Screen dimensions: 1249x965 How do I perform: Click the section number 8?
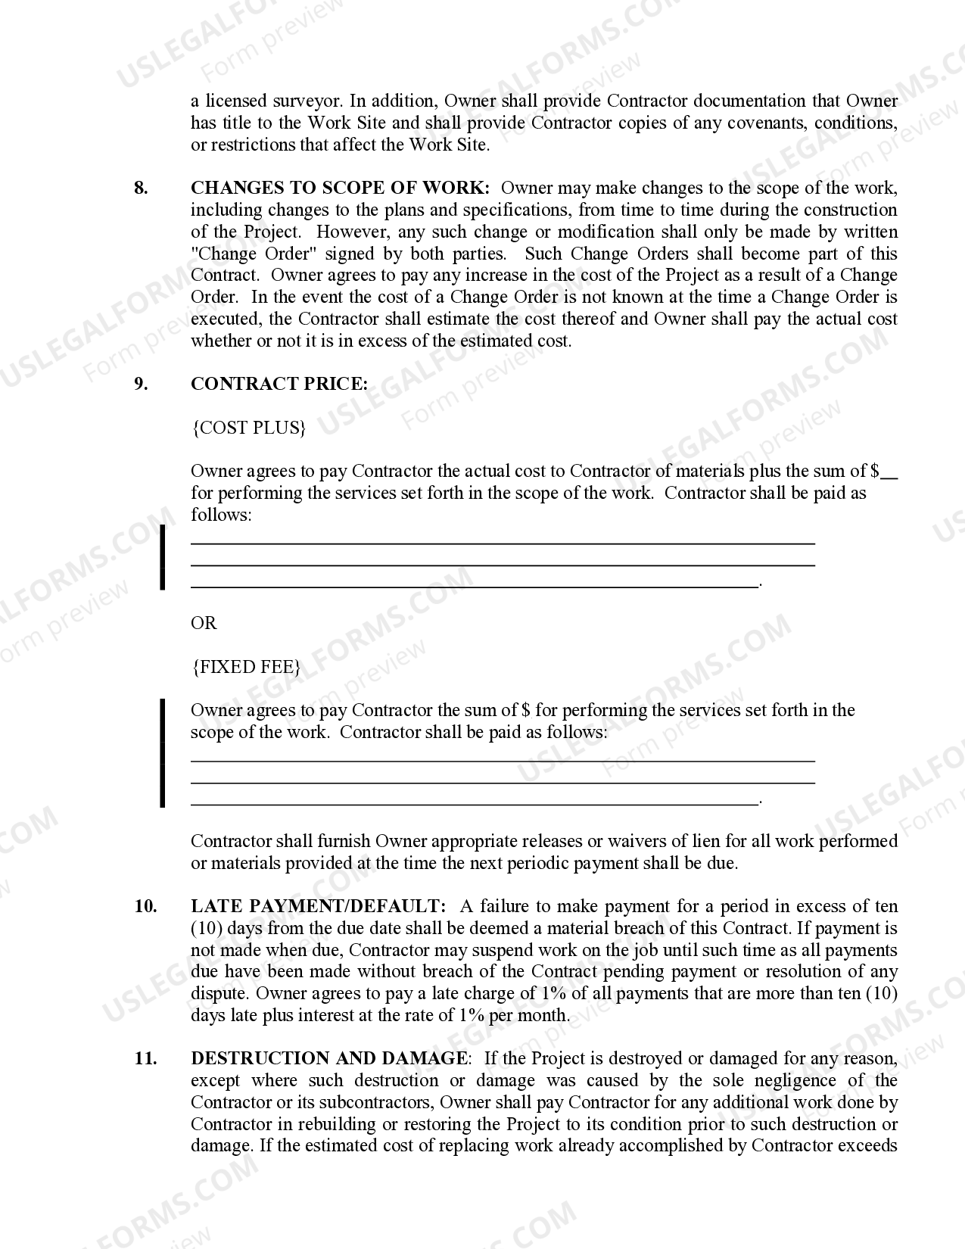(x=141, y=188)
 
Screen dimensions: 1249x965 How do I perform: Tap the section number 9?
(x=141, y=384)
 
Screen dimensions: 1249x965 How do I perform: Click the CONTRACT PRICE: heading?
(x=279, y=384)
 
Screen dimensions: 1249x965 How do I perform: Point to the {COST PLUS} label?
(x=249, y=428)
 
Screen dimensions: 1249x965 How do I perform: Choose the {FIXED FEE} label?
(x=247, y=667)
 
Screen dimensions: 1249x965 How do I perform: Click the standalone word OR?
(x=204, y=623)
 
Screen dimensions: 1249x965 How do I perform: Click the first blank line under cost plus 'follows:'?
(x=503, y=543)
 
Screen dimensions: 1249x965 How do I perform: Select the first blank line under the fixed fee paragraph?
(x=503, y=760)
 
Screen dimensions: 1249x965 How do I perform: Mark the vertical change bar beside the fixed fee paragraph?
(x=162, y=753)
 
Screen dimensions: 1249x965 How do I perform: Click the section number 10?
(x=145, y=906)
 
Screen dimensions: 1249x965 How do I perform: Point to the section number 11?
(x=145, y=1058)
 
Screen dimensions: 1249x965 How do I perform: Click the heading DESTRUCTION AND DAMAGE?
(x=328, y=1058)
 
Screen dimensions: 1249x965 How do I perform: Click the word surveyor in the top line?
(x=307, y=101)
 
